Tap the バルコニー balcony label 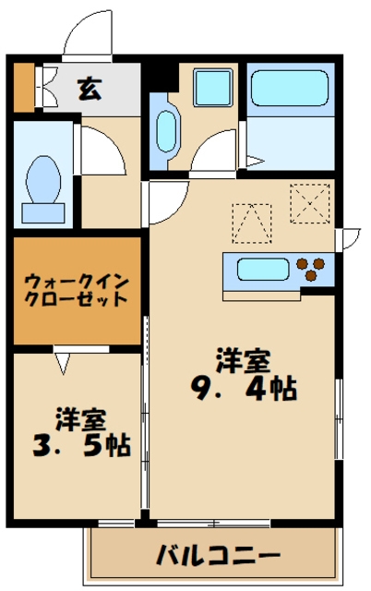pyautogui.click(x=218, y=557)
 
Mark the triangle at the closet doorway pyautogui.click(x=62, y=363)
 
